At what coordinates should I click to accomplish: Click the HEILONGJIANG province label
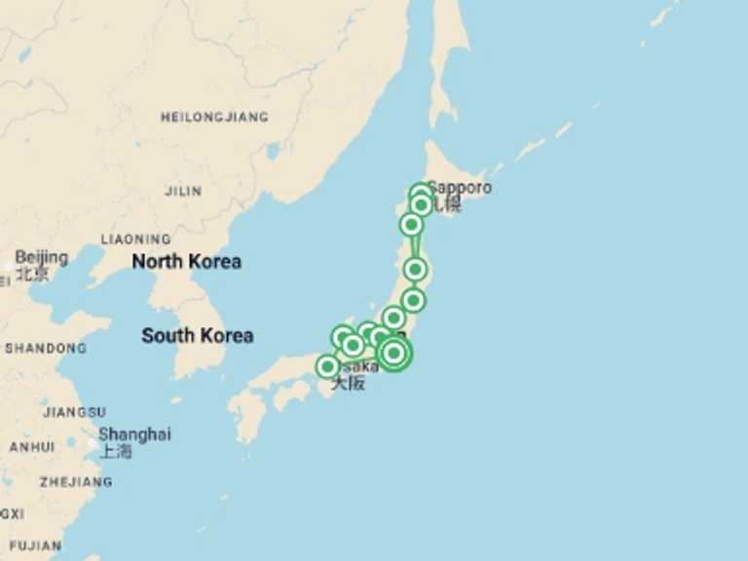coord(213,117)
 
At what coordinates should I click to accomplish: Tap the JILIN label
coord(183,191)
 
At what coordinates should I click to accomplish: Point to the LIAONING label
coord(135,239)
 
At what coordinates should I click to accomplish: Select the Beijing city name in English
coord(42,257)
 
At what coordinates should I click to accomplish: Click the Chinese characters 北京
coord(32,274)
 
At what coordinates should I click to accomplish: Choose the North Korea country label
coord(186,261)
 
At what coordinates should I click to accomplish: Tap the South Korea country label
coord(197,335)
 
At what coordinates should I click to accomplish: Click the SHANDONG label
coord(45,348)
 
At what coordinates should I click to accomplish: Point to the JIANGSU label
coord(74,412)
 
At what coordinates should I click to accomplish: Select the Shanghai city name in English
coord(134,434)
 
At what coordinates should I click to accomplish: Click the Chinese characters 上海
coord(116,451)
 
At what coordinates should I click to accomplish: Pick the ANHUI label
coord(31,447)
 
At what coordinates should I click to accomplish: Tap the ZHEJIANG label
coord(75,481)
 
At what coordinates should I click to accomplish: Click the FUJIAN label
coord(35,545)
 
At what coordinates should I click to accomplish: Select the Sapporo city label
coord(459,187)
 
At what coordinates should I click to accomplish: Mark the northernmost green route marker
coord(420,194)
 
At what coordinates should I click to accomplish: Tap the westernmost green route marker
coord(328,367)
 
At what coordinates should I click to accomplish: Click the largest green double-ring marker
coord(393,354)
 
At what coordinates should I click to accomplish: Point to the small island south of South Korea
coord(176,399)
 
